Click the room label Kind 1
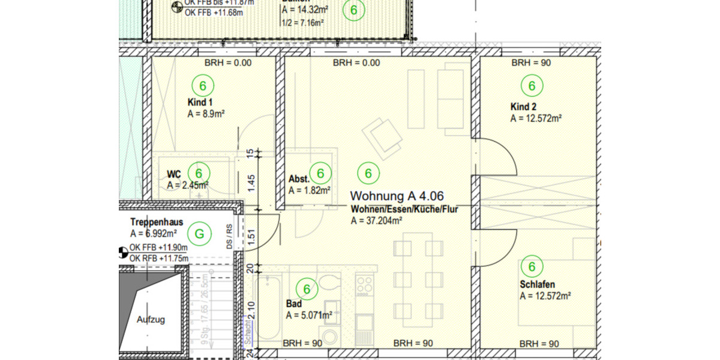200,102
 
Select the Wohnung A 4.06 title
397,196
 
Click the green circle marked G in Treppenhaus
200,233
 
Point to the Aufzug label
151,320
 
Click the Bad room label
293,304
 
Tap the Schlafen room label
537,284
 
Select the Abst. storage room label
299,179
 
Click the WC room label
173,174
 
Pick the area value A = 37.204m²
376,220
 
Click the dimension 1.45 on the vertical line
252,180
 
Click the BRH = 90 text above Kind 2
531,62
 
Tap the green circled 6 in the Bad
307,290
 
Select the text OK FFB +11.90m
158,247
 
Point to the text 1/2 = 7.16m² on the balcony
302,23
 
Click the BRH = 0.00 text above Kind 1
228,62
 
